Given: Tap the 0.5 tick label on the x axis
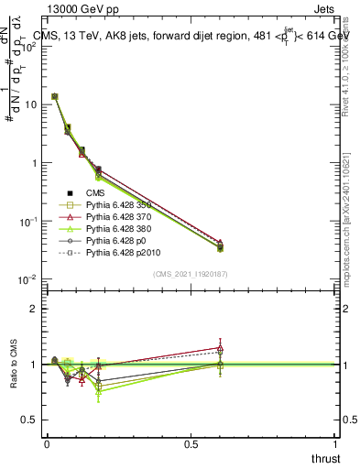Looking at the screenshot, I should point(191,443).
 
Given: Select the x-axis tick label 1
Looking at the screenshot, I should point(335,443).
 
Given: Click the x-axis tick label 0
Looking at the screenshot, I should point(47,443).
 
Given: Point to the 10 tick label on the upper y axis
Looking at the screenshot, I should point(30,104).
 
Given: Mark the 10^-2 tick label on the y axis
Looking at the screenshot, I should point(28,279).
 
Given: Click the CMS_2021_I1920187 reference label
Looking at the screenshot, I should point(191,274).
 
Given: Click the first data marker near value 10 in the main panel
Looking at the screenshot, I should point(55,96).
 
